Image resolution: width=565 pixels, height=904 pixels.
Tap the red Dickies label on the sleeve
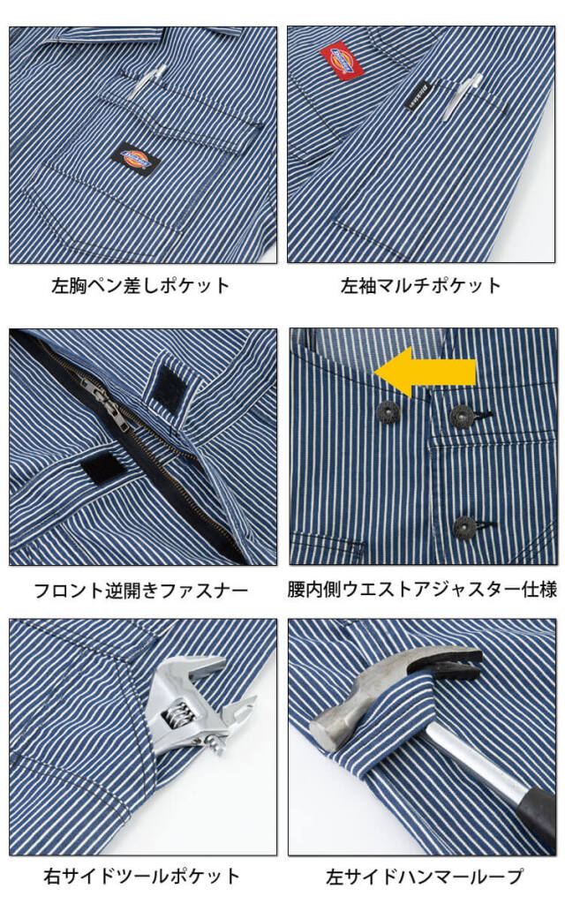tap(342, 61)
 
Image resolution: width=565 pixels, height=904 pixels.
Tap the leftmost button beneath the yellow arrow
tap(388, 411)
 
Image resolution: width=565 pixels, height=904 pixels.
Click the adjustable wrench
tap(196, 705)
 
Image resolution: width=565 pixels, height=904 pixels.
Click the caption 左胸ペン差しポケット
tap(140, 285)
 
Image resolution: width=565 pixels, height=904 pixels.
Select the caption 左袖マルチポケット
tap(421, 285)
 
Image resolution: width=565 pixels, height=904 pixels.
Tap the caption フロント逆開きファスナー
tap(141, 591)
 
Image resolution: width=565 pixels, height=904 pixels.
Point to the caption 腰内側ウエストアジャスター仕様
tap(423, 589)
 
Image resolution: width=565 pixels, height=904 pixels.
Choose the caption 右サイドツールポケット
tap(142, 877)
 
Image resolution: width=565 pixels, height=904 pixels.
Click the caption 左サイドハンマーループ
tap(425, 877)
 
